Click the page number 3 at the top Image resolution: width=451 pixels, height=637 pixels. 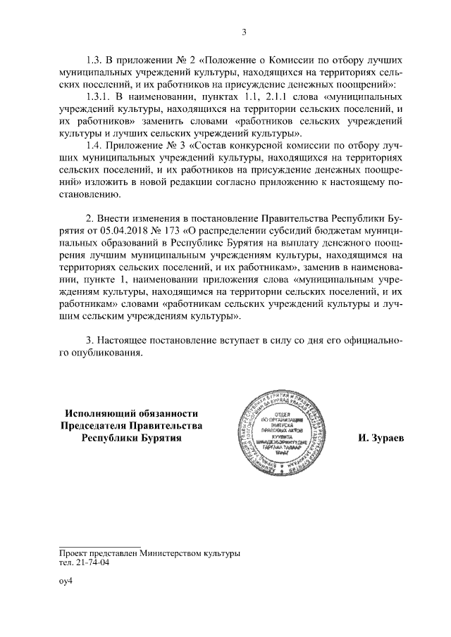coord(244,31)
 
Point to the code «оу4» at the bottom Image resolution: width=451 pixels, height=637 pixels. coord(66,581)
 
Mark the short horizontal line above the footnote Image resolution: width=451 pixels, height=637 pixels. coord(100,545)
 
